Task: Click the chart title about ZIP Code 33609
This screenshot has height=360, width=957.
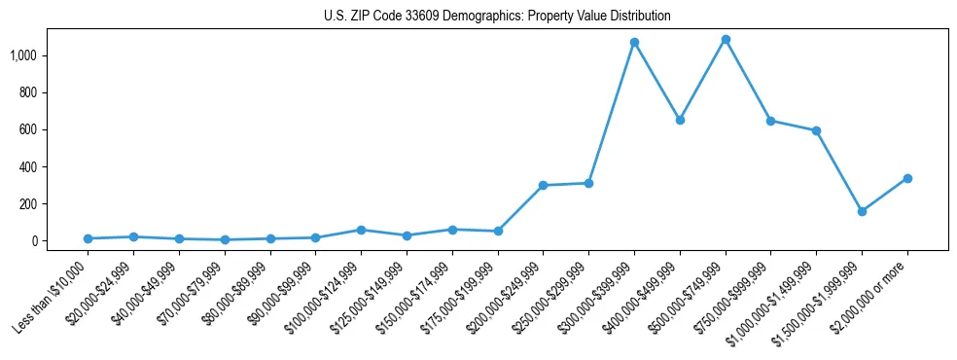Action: coord(497,17)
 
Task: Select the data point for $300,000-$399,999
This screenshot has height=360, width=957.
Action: coord(634,42)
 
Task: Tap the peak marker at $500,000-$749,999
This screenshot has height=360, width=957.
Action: coord(726,39)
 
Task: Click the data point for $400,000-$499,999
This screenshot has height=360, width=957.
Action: coord(680,120)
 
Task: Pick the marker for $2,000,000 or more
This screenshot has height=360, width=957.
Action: coord(907,178)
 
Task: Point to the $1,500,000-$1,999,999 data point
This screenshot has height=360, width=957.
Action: coord(862,211)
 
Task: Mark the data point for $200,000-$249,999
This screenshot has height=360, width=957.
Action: coord(543,185)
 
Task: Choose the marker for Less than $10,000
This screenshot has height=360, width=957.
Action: coord(88,238)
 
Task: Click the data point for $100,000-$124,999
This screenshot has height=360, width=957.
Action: coord(361,230)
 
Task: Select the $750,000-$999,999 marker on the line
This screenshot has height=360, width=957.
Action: coord(770,121)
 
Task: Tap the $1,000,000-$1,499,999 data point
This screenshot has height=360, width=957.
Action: coord(816,130)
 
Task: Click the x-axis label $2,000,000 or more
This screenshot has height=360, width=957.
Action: coord(871,293)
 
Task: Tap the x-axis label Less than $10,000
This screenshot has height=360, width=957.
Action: coord(52,294)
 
